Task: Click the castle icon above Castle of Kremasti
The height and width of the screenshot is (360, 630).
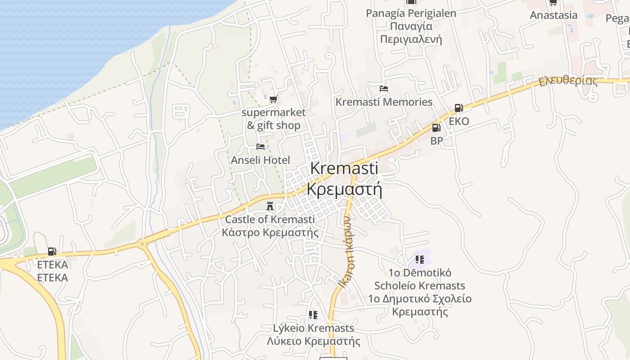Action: pyautogui.click(x=270, y=207)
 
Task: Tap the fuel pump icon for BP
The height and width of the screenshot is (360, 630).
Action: pyautogui.click(x=436, y=128)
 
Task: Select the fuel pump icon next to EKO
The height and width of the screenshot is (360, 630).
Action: pyautogui.click(x=459, y=108)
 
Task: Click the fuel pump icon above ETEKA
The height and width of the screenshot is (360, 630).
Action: pyautogui.click(x=52, y=252)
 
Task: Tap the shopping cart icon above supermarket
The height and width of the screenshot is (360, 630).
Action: pyautogui.click(x=273, y=99)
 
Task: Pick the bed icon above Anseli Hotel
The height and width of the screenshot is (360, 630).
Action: pyautogui.click(x=260, y=147)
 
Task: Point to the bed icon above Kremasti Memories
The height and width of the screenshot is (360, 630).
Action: pyautogui.click(x=383, y=89)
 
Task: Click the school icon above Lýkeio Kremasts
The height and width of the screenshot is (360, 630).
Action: pyautogui.click(x=313, y=315)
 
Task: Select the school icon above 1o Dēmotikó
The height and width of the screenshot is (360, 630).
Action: pyautogui.click(x=420, y=259)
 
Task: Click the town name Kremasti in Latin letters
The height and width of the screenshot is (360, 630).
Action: pyautogui.click(x=344, y=168)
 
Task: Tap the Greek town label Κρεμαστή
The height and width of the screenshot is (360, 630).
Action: pyautogui.click(x=344, y=189)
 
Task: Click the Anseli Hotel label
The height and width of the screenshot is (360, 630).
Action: pyautogui.click(x=260, y=160)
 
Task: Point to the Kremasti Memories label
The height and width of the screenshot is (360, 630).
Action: pyautogui.click(x=383, y=102)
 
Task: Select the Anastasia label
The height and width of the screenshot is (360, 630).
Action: pyautogui.click(x=553, y=15)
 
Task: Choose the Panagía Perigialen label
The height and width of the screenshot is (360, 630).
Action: pyautogui.click(x=411, y=13)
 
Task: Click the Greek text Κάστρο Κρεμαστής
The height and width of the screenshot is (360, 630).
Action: pyautogui.click(x=270, y=233)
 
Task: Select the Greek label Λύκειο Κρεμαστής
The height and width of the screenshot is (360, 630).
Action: pyautogui.click(x=313, y=341)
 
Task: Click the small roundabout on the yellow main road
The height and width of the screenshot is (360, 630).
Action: pyautogui.click(x=143, y=245)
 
